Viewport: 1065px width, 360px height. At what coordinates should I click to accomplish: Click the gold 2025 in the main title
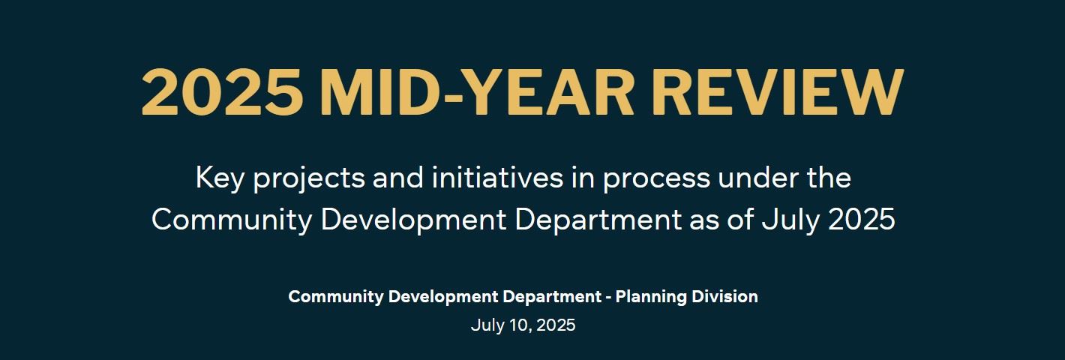tap(222, 91)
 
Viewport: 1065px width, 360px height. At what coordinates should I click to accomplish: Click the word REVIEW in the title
tap(781, 91)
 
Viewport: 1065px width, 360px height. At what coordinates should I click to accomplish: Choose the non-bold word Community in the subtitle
tap(232, 220)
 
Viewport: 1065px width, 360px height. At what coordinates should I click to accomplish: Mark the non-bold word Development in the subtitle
tap(414, 220)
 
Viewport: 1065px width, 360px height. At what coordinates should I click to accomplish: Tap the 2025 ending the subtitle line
tap(862, 219)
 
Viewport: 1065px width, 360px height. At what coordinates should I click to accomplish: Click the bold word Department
tap(552, 297)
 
